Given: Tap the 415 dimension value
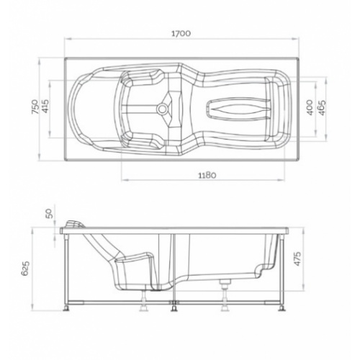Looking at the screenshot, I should coord(45,109).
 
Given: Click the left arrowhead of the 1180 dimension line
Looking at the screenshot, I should coord(122,181).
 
